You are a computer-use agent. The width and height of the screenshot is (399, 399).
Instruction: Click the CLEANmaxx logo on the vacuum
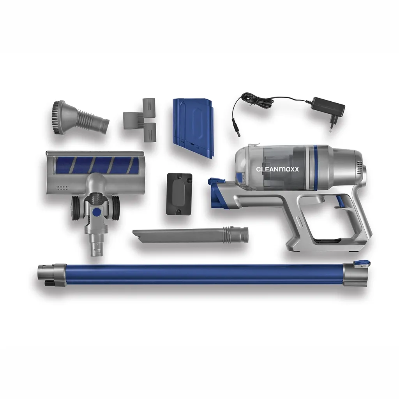pos(277,169)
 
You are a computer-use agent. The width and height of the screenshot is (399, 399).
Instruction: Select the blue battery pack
pos(193,127)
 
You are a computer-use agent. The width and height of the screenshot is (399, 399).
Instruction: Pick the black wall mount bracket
pos(179,194)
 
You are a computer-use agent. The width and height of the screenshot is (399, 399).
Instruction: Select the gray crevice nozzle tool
pos(190,235)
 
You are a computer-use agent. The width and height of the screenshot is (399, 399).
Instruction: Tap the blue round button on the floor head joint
pos(97,211)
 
